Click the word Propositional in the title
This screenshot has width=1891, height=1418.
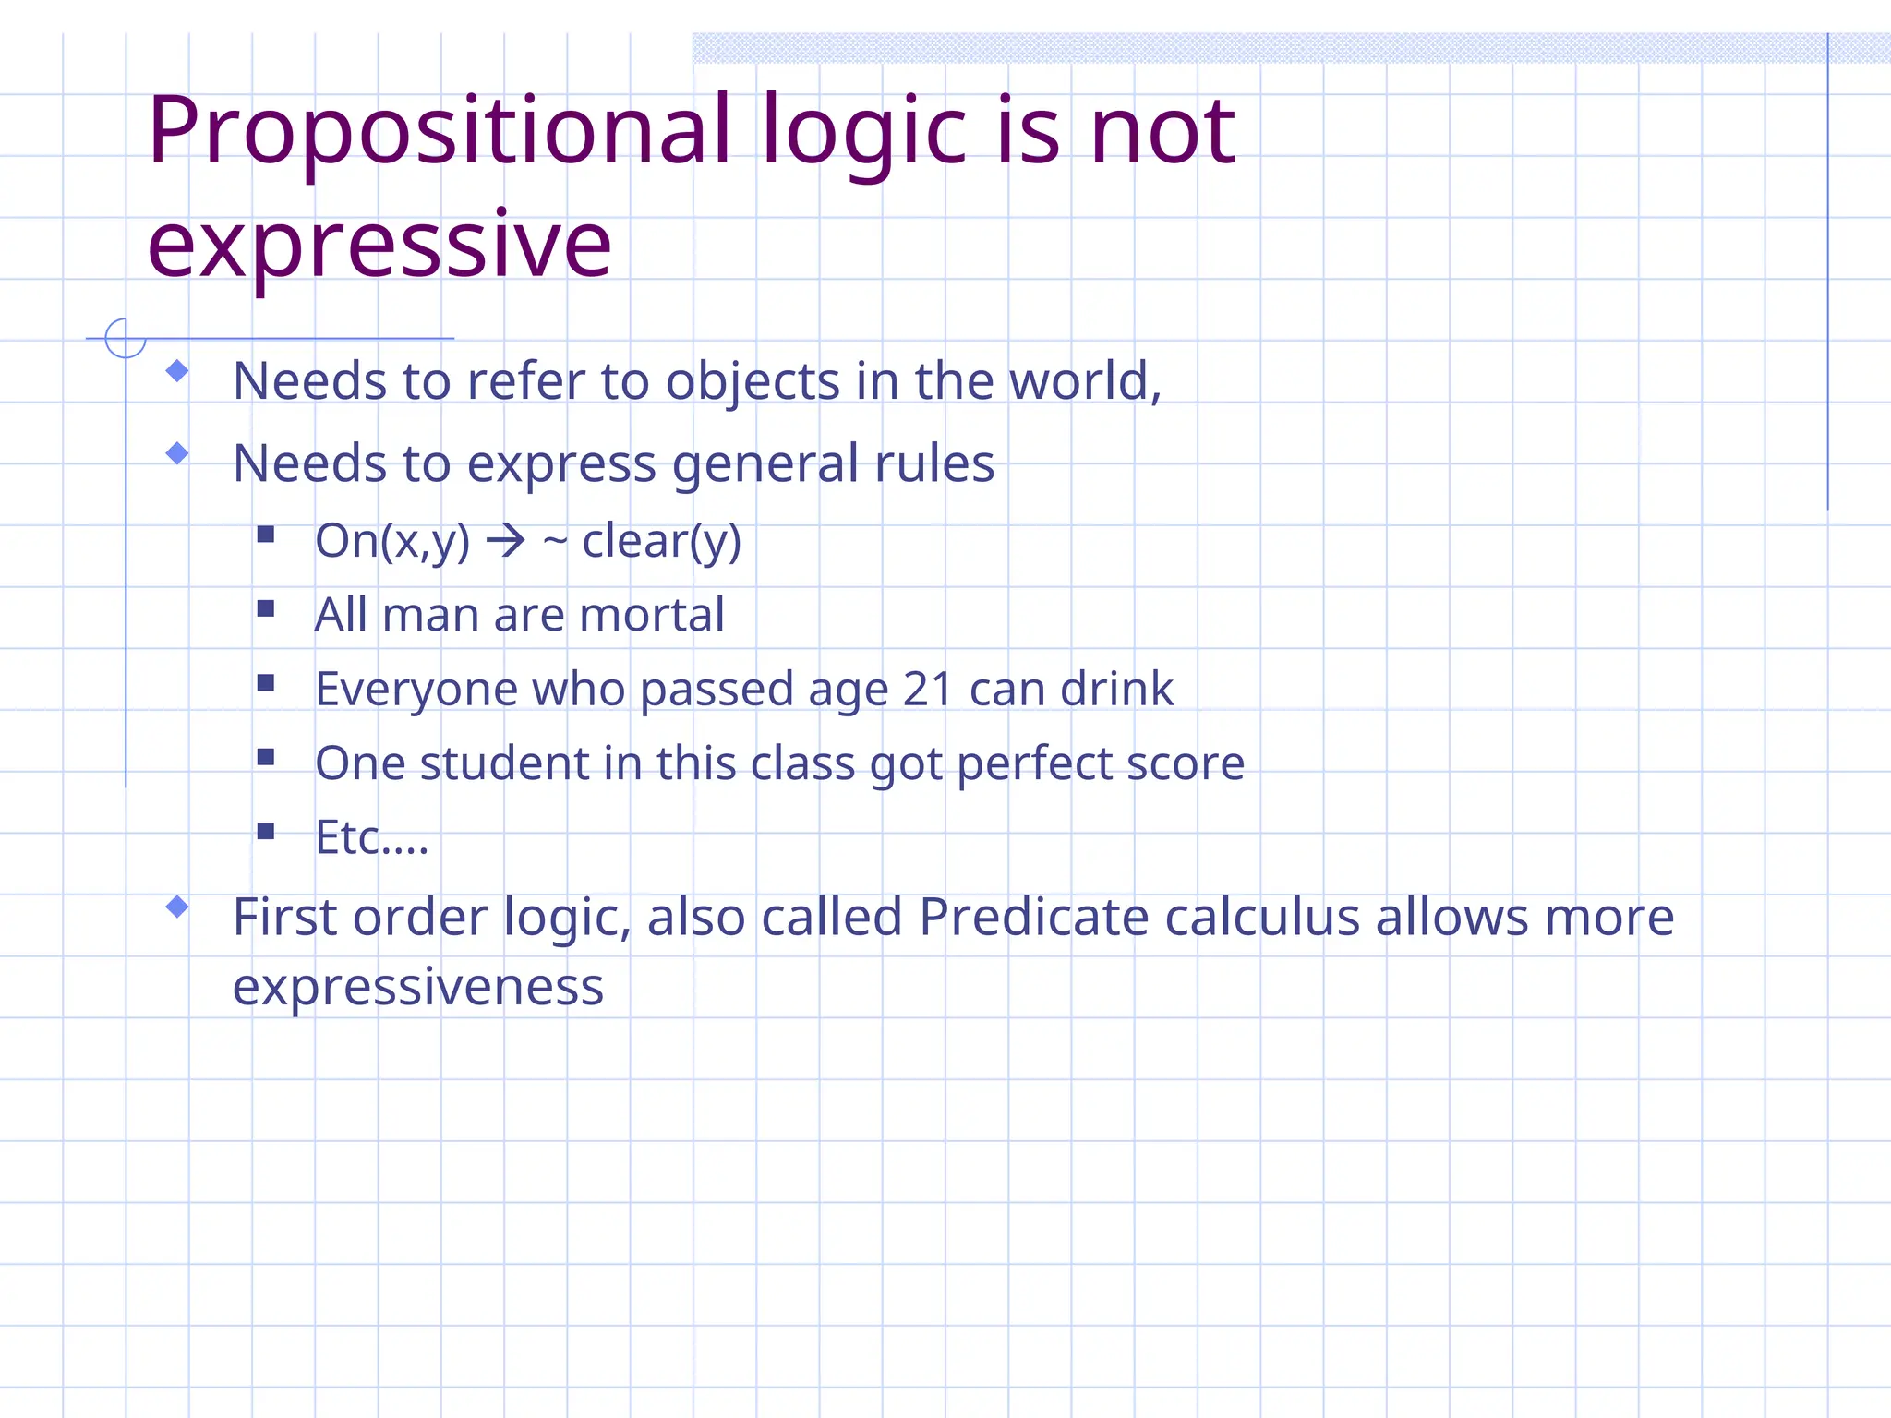coord(440,132)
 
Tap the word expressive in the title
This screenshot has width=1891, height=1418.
coord(379,245)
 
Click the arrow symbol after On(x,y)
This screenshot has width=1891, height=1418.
coord(506,541)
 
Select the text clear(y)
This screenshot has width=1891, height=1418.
coord(661,542)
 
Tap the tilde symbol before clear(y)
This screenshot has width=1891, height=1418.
coord(554,542)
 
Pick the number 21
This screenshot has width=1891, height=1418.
coord(927,690)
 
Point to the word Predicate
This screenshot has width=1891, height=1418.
coord(1033,918)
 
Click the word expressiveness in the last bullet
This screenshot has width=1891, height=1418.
coord(418,988)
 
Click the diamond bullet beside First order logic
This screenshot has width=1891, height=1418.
coord(177,907)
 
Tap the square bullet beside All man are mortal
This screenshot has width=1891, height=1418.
coord(266,608)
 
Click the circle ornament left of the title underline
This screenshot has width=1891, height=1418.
coord(125,338)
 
